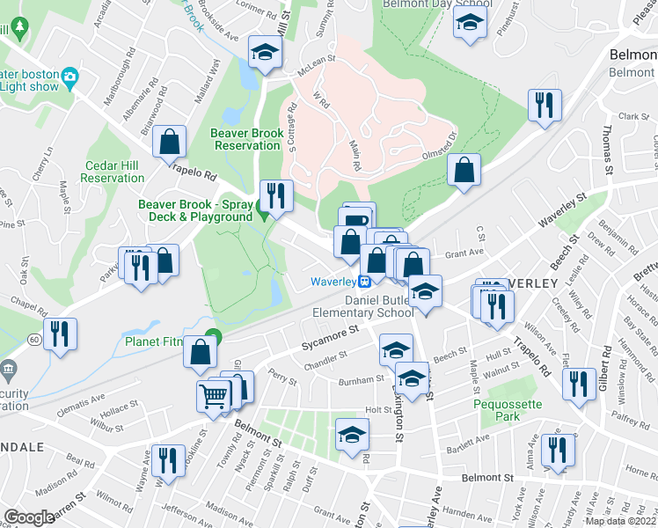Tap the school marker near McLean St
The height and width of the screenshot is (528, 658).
pos(263,52)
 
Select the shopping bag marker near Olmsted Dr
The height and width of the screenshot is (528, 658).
pos(464,170)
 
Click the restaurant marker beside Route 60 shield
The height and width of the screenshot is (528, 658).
pos(61,334)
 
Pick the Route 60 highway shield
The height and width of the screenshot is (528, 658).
pos(33,338)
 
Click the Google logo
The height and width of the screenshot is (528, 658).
pos(29,517)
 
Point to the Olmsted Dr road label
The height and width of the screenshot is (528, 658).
pos(441,146)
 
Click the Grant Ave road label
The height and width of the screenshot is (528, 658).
pos(464,253)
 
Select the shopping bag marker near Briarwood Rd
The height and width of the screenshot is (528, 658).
pos(170,142)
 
